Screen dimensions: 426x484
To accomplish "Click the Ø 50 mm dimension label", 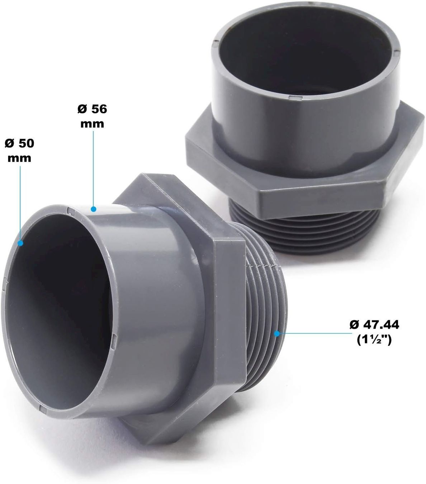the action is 19,151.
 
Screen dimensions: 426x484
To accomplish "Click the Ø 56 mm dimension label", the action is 92,117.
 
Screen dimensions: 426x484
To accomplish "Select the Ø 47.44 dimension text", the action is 374,325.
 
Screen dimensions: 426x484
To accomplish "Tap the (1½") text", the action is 374,340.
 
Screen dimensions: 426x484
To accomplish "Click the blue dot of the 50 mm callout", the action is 20,243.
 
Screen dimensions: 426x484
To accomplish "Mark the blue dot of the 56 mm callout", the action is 94,209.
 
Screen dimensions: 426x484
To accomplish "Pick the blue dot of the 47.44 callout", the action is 277,333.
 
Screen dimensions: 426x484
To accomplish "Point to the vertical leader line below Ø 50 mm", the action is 20,203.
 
